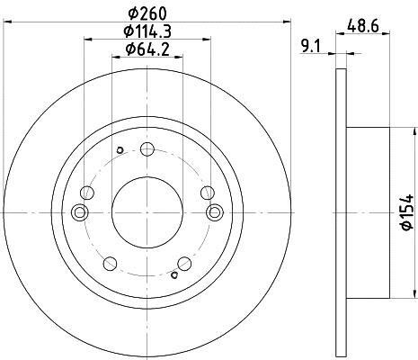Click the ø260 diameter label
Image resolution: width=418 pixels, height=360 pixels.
147,13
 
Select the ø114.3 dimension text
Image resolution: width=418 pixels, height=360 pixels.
147,31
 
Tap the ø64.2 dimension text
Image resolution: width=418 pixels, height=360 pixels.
147,49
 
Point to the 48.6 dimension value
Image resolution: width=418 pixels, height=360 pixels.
363,25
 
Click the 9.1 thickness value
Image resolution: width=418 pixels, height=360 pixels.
311,47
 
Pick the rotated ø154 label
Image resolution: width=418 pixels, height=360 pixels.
407,212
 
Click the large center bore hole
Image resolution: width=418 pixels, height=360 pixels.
147,212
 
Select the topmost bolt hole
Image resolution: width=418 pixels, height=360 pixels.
147,148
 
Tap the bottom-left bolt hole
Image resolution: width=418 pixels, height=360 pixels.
110,264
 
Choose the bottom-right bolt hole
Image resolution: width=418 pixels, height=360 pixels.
184,264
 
